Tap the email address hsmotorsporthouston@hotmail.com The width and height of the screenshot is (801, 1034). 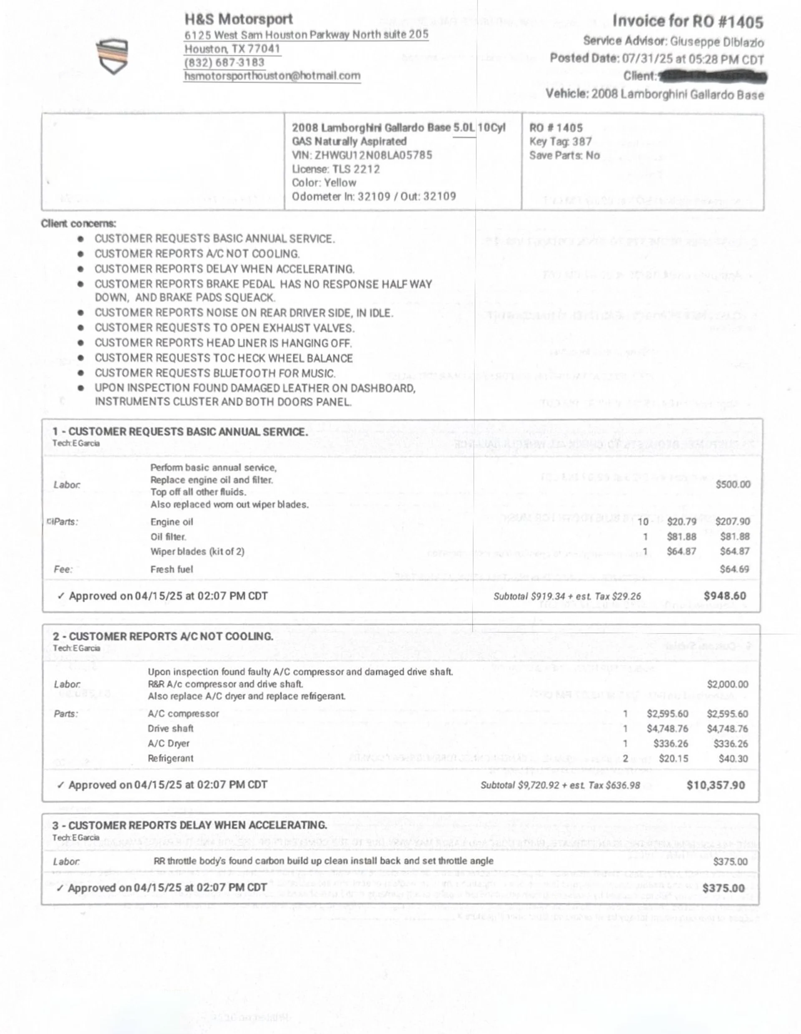click(272, 76)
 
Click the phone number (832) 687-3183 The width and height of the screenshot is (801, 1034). click(224, 63)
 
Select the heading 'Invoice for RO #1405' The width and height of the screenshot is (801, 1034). click(688, 21)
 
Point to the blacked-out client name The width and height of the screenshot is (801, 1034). click(713, 76)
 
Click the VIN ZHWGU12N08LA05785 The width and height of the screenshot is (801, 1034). click(373, 155)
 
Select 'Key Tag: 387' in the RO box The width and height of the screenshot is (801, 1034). click(561, 141)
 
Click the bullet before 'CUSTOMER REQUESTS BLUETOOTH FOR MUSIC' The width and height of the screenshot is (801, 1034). click(81, 373)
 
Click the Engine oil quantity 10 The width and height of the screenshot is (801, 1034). click(643, 522)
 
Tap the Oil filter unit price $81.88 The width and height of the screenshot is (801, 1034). click(681, 536)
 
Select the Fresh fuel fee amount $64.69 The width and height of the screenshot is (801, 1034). click(734, 569)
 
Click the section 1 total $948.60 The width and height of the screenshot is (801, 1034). click(724, 596)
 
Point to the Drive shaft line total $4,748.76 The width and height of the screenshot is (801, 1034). click(727, 729)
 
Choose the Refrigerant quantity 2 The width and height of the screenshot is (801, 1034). click(625, 758)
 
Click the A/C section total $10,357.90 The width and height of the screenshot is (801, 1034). click(715, 785)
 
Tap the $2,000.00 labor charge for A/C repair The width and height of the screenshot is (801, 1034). click(728, 684)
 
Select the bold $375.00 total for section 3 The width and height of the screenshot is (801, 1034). click(723, 888)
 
